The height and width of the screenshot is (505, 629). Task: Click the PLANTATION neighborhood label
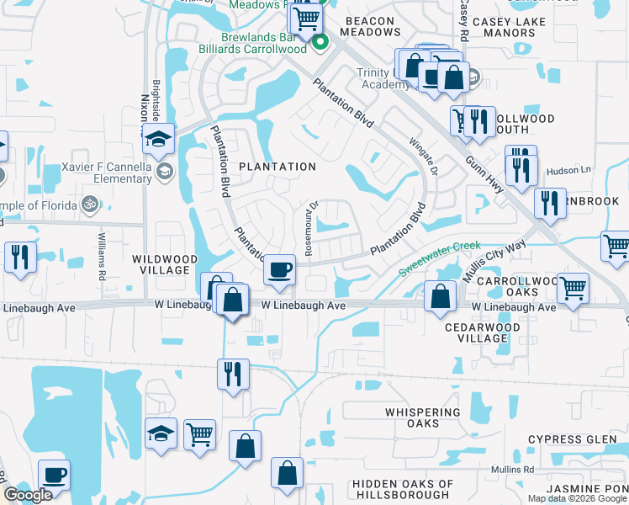click(x=277, y=167)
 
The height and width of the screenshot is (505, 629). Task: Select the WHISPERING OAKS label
click(x=423, y=417)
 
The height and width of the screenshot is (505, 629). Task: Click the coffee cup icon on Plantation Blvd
click(x=279, y=270)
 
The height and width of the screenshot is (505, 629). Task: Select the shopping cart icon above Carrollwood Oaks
click(x=573, y=288)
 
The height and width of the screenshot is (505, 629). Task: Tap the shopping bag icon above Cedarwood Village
click(x=441, y=296)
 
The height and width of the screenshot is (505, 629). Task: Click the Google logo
click(x=28, y=495)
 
